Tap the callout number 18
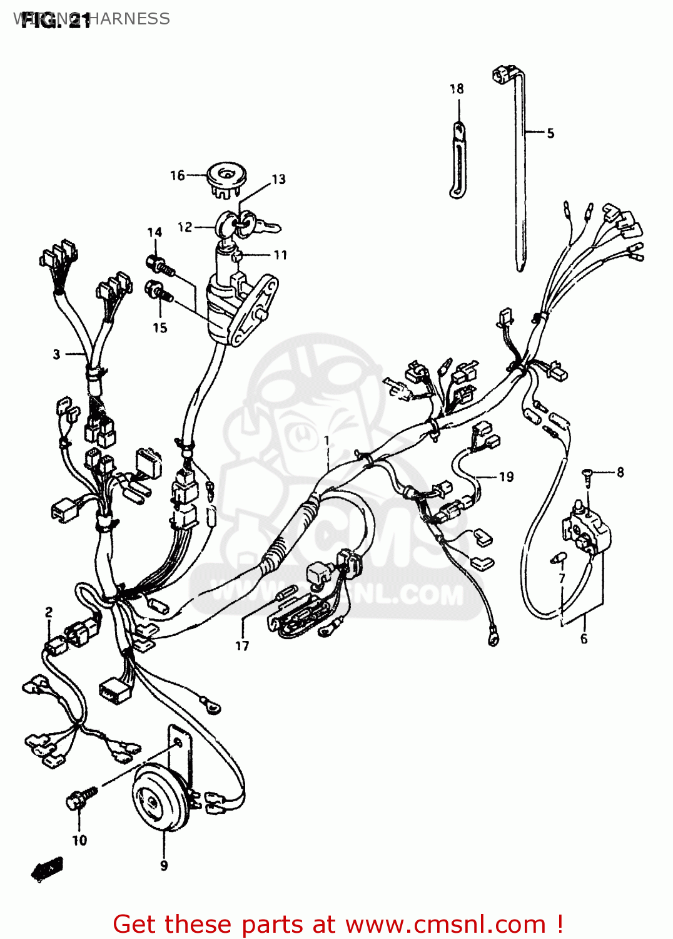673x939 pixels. (457, 89)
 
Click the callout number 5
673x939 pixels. (550, 133)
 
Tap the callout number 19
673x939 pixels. (506, 477)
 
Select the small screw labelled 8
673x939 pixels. (587, 474)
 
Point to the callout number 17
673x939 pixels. (242, 645)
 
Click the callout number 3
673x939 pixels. (56, 354)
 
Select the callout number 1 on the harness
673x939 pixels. (326, 441)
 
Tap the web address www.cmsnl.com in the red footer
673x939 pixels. (446, 924)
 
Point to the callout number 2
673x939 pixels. (49, 612)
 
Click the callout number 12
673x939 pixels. (185, 227)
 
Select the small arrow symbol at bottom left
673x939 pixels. (48, 869)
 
